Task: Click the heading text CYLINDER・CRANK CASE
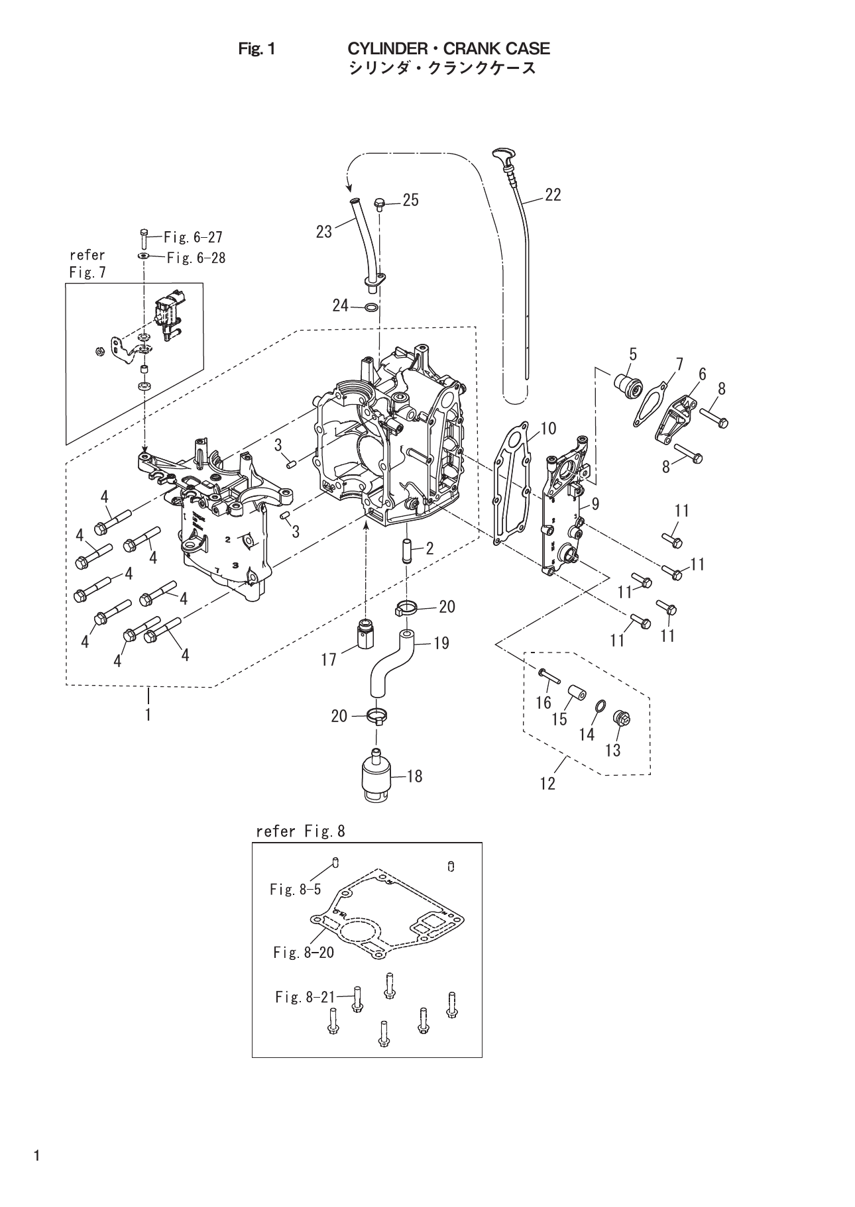(449, 48)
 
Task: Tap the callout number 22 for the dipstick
(553, 194)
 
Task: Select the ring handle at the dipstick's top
(501, 156)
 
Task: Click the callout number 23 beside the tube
(324, 232)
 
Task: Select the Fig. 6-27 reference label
(193, 236)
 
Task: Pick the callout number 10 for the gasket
(548, 429)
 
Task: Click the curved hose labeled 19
(386, 666)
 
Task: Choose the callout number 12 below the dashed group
(547, 784)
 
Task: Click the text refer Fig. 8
(300, 831)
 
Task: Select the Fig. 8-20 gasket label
(304, 952)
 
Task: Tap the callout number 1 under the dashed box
(148, 715)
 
